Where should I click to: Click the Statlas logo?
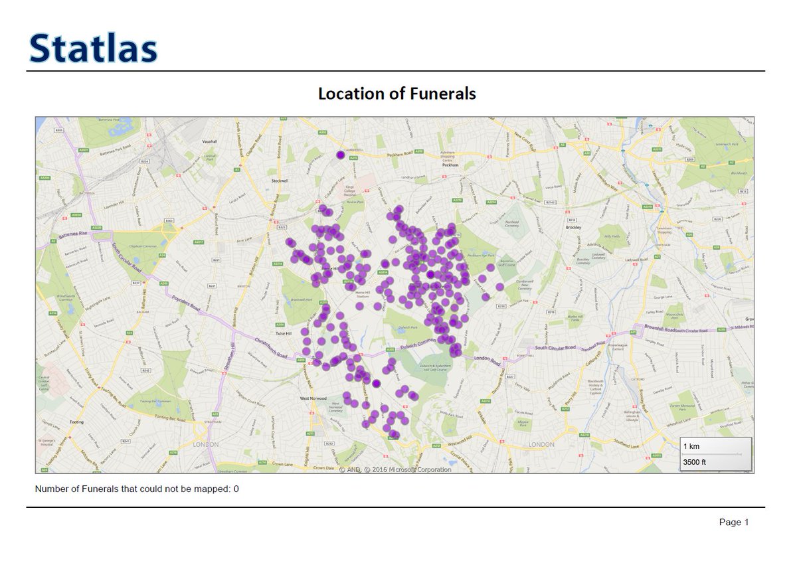(93, 48)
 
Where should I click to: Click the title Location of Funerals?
(397, 94)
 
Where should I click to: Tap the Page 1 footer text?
(733, 523)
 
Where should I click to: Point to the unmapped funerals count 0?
(236, 489)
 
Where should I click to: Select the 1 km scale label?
(691, 446)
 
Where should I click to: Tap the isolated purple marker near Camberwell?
(341, 155)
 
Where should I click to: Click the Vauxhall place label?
(211, 142)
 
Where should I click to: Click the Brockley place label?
(573, 228)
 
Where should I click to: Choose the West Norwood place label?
(313, 398)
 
